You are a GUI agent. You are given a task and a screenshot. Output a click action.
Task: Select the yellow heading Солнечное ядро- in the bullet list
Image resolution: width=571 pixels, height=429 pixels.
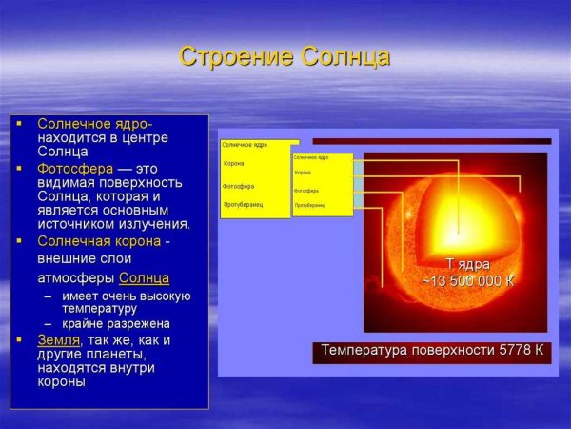coord(94,124)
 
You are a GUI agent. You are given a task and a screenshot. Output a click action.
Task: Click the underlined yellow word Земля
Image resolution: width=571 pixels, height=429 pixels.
coord(58,339)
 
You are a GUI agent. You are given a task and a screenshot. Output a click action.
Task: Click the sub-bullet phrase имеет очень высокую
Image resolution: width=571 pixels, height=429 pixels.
coord(127,296)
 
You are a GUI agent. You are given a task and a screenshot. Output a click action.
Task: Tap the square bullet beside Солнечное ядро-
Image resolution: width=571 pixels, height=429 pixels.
coord(18,124)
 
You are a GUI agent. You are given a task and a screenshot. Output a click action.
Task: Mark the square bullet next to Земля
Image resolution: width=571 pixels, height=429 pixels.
coord(18,339)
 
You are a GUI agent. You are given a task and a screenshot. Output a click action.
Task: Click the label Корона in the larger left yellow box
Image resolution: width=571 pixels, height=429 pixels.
coord(233,164)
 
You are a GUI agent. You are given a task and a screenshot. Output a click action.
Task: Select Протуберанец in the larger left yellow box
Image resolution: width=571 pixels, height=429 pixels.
coord(243,204)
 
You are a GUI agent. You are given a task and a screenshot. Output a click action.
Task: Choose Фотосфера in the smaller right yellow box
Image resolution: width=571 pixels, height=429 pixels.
coord(306,191)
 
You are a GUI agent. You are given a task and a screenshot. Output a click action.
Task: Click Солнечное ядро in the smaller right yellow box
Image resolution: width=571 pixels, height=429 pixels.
coord(311,156)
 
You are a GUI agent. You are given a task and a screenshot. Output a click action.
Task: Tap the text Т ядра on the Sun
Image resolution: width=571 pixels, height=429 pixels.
coord(468,263)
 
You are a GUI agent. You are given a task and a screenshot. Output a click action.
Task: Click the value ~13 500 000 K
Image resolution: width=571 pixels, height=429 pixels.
coord(468,280)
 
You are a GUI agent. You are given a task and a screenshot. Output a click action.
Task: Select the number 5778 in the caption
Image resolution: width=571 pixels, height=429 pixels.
coord(516,350)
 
